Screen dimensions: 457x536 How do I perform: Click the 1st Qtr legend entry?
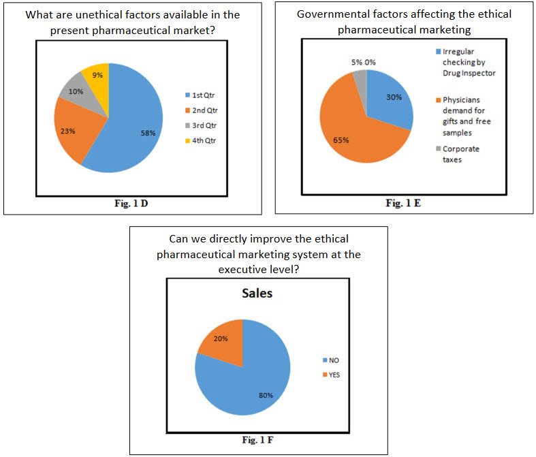202,95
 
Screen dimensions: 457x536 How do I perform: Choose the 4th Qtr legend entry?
203,142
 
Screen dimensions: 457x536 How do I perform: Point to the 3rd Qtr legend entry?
203,126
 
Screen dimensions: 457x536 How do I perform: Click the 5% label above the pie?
357,63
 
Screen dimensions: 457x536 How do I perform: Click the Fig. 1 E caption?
403,202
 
